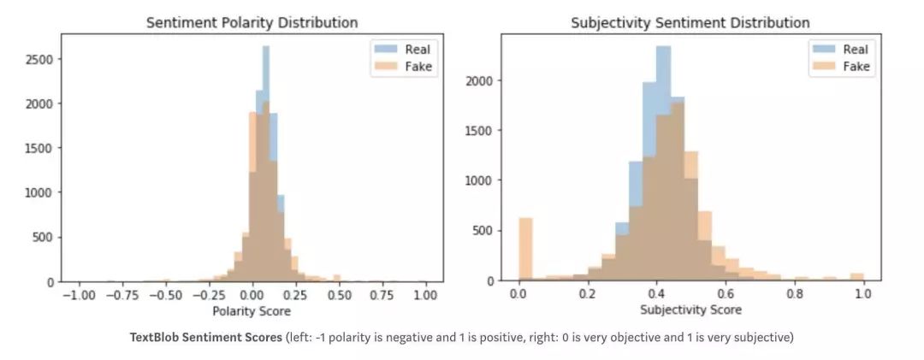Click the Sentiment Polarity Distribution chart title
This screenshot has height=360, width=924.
coord(252,22)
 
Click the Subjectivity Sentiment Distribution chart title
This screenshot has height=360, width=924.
coord(690,22)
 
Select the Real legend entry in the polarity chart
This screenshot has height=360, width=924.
coord(411,50)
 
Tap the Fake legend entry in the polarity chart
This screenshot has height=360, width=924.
coord(411,68)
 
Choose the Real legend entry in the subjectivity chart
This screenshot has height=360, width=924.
coord(846,50)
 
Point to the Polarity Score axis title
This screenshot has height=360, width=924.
coord(252,310)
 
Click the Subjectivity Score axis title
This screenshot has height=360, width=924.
coord(690,310)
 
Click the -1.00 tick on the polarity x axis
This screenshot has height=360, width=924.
coord(78,294)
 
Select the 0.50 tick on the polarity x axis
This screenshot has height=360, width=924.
coord(340,294)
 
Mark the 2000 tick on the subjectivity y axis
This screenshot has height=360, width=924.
coord(480,81)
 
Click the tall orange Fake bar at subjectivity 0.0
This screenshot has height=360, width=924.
coord(525,249)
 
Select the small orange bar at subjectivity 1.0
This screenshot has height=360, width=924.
coord(856,277)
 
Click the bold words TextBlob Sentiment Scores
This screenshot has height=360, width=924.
coord(189,338)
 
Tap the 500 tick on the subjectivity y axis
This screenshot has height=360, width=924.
coord(483,231)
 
